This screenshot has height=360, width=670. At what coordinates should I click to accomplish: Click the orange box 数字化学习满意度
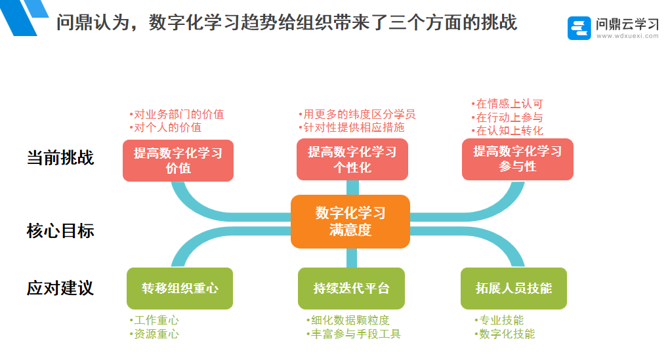click(x=350, y=221)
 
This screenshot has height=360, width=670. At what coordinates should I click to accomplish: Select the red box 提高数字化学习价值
click(x=178, y=160)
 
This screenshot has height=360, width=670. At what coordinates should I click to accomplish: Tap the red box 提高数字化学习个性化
click(x=352, y=159)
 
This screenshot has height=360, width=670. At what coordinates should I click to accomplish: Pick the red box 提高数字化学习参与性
click(x=517, y=159)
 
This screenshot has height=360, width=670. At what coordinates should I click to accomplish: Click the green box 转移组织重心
click(x=180, y=289)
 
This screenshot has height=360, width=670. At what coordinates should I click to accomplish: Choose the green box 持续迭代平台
click(x=351, y=289)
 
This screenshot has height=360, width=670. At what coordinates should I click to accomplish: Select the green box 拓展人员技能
click(x=514, y=289)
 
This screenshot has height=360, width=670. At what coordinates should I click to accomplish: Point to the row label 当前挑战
click(x=60, y=157)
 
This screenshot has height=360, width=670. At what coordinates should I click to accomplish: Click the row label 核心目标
click(x=60, y=230)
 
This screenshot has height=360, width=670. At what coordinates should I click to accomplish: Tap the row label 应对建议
click(x=60, y=288)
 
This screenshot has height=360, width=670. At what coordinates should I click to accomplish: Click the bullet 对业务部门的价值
click(x=177, y=114)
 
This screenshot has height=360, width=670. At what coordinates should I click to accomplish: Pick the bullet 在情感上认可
click(x=507, y=104)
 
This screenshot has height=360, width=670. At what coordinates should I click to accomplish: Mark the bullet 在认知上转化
click(x=507, y=130)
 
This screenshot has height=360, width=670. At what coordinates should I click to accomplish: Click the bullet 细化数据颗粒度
click(x=348, y=320)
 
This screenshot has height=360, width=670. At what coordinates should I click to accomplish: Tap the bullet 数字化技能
click(x=505, y=334)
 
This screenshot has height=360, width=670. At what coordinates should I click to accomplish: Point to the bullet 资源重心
click(x=154, y=334)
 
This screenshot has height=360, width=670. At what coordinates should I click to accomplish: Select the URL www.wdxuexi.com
click(x=627, y=37)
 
